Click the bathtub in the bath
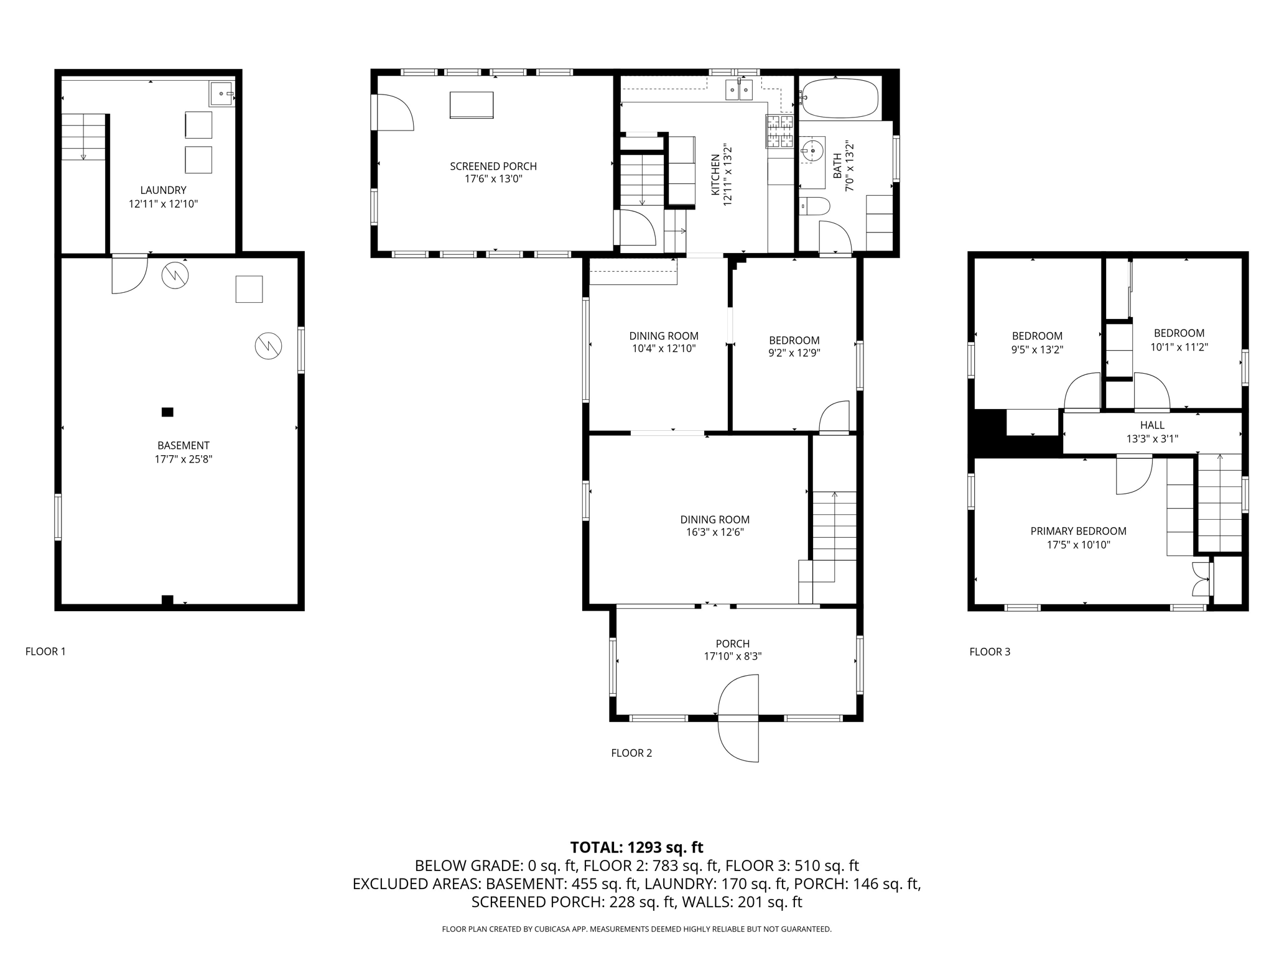(x=840, y=98)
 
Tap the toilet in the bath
(x=814, y=206)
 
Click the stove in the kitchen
(x=779, y=131)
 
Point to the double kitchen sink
(x=739, y=90)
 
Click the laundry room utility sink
(x=222, y=93)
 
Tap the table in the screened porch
(x=472, y=105)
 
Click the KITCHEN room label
(x=715, y=175)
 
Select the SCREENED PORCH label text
(x=493, y=166)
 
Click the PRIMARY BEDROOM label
(x=1078, y=531)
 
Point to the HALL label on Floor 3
(x=1152, y=425)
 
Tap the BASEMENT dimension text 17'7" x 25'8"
(x=184, y=459)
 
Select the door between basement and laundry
(x=129, y=274)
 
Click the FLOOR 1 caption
(x=45, y=652)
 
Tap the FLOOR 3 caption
(x=990, y=652)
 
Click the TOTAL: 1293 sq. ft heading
(x=636, y=847)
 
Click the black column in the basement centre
(x=167, y=412)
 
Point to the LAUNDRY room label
(x=163, y=190)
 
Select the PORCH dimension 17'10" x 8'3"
(x=733, y=656)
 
